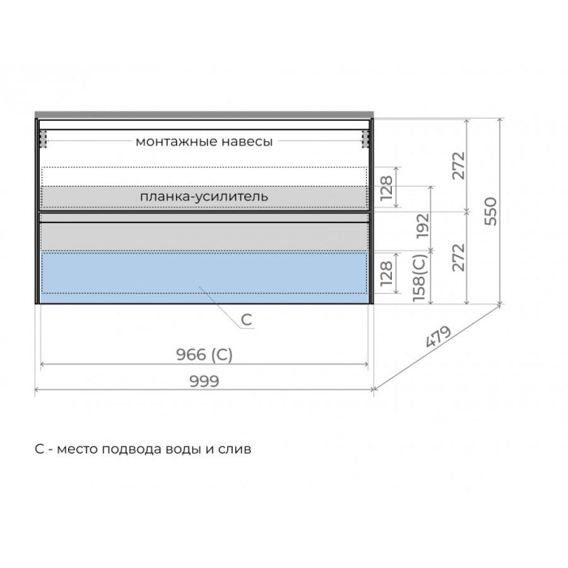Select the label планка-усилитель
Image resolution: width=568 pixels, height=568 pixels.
(204, 196)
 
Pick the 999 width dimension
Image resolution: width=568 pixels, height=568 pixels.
(204, 381)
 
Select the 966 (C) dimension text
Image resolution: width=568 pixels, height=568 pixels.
(205, 354)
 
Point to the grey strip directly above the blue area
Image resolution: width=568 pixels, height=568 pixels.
(203, 236)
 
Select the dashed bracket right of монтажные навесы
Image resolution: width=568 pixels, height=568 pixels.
(365, 139)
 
